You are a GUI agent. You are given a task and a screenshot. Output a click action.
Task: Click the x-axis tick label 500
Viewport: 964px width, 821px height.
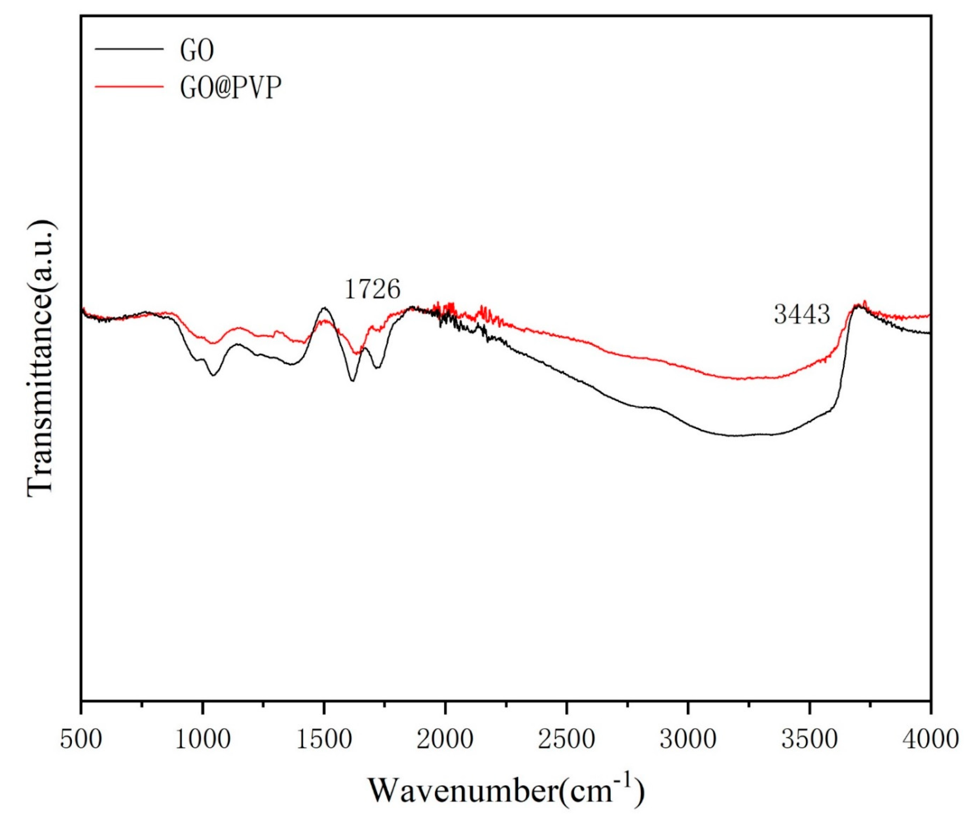(81, 740)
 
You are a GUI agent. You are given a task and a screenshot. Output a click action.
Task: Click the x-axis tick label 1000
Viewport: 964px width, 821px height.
(202, 740)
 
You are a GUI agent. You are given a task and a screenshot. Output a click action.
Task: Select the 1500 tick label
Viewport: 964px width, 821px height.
(323, 740)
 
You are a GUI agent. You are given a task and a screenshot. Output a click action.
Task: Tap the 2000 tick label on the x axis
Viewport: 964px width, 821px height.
(445, 740)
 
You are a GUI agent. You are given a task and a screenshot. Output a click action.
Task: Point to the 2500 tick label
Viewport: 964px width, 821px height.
(566, 740)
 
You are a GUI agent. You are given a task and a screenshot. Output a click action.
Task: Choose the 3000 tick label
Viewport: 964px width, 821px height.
(688, 740)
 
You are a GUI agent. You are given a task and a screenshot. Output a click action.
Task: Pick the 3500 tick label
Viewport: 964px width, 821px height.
(809, 740)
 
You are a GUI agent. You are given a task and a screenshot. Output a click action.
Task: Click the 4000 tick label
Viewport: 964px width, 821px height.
(930, 740)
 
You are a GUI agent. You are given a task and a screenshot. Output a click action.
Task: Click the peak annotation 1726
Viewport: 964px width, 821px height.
(372, 290)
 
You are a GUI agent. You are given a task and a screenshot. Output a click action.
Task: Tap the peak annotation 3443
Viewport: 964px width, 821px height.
(802, 315)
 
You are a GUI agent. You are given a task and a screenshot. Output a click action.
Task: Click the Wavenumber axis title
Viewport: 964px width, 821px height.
(506, 790)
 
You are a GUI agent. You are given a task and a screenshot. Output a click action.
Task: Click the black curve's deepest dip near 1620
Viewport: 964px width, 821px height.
(353, 381)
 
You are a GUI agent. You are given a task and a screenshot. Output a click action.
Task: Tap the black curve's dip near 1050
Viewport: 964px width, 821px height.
(213, 375)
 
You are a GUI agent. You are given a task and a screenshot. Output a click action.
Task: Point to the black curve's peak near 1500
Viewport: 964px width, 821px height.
(324, 308)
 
